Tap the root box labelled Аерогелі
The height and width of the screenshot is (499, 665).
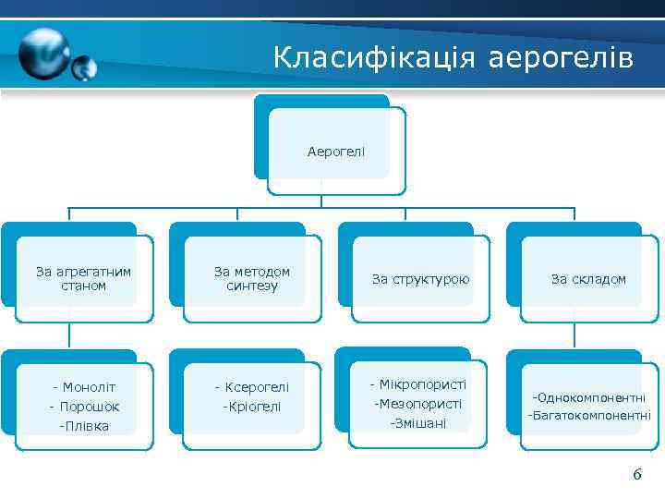[x=336, y=150]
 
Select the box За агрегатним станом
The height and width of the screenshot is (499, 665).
[x=84, y=278]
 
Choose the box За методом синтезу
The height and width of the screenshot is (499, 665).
[x=252, y=278]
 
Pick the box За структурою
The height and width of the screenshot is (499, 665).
[x=420, y=278]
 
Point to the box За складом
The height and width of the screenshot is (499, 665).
[x=588, y=278]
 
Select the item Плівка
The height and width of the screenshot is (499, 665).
[x=85, y=426]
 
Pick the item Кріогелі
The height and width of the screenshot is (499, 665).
[x=252, y=407]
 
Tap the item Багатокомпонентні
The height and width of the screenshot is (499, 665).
[x=589, y=416]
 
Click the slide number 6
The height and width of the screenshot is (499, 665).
[x=636, y=475]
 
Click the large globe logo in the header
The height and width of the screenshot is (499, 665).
[x=43, y=54]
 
